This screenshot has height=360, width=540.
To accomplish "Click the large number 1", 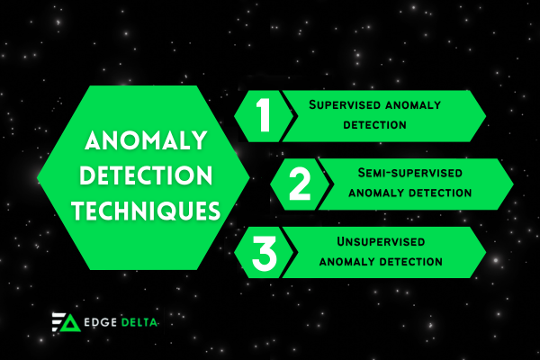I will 263,116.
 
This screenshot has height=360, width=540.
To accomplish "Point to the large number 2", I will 300,184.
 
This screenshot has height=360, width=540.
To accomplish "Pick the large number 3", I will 264,252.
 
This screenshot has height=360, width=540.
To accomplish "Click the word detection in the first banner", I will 375,124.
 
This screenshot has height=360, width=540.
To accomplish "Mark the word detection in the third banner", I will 410,262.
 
